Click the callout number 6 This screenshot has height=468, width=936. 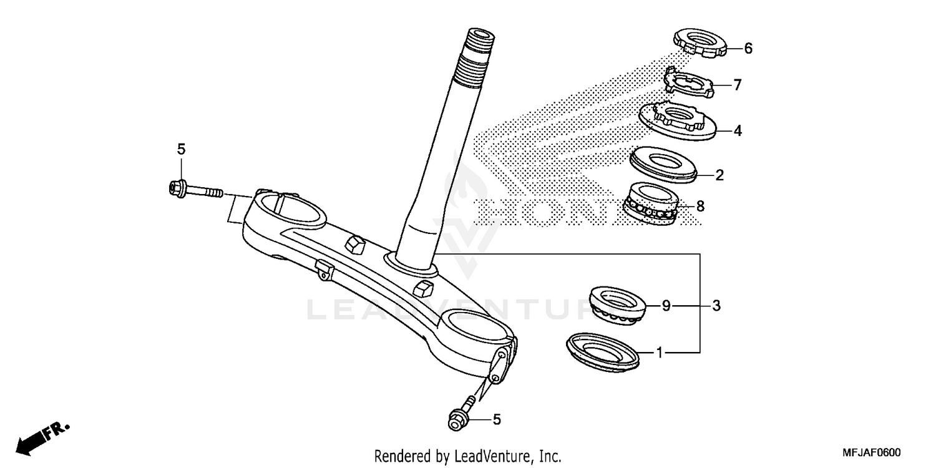coord(749,49)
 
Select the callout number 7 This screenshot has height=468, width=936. coord(738,85)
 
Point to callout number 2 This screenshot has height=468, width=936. coord(719,175)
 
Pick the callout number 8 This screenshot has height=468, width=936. coord(700,206)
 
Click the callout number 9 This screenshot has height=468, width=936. coord(666,306)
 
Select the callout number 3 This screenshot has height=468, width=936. coord(716,306)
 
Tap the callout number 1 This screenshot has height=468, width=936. coord(660,353)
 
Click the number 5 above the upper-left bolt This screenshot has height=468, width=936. coord(181,149)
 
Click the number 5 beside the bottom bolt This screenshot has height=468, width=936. coord(497,420)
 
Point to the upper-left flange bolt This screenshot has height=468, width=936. coord(193,189)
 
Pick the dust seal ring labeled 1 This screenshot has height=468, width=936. coord(603,351)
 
